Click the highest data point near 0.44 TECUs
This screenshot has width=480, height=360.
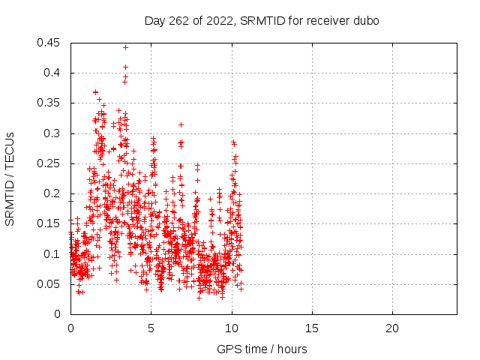[x=125, y=48]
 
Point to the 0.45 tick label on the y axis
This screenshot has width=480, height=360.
[x=48, y=43]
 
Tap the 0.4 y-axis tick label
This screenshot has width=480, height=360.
[x=52, y=73]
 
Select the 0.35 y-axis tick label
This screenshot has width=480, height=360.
[x=48, y=103]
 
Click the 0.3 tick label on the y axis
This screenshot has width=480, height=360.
[x=52, y=133]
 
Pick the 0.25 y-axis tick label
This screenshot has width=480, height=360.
[x=48, y=163]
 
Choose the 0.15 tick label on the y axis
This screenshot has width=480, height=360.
[x=48, y=223]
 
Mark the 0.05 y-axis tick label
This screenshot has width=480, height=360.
[x=48, y=284]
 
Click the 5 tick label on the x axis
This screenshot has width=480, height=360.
[x=151, y=328]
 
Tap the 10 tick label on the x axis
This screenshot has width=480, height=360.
[x=232, y=328]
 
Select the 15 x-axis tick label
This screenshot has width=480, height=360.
[x=312, y=328]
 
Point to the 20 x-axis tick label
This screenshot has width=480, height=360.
[x=392, y=328]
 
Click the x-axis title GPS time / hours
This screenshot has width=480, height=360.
[x=262, y=349]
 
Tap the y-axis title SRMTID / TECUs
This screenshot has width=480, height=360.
[x=10, y=179]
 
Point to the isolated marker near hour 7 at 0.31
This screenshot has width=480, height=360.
[x=181, y=125]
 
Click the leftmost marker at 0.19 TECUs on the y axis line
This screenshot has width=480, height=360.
[x=71, y=202]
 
